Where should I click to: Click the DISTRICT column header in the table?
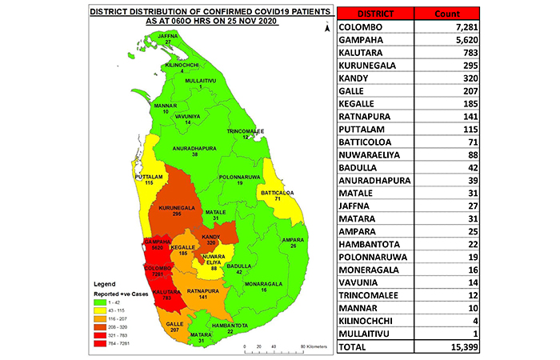(370, 14)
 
